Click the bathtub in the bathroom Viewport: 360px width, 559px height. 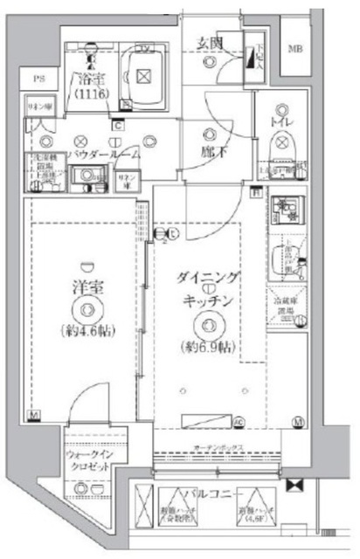click(x=142, y=76)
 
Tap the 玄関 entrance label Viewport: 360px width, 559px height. click(x=210, y=40)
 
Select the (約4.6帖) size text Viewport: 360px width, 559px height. click(x=84, y=332)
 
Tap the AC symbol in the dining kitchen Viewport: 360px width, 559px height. click(x=238, y=423)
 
